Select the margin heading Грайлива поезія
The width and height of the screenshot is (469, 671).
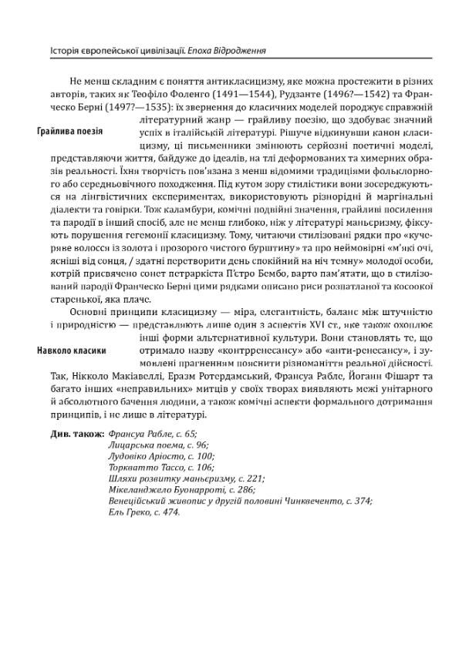click(x=69, y=132)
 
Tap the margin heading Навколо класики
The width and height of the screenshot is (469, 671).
click(x=71, y=351)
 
